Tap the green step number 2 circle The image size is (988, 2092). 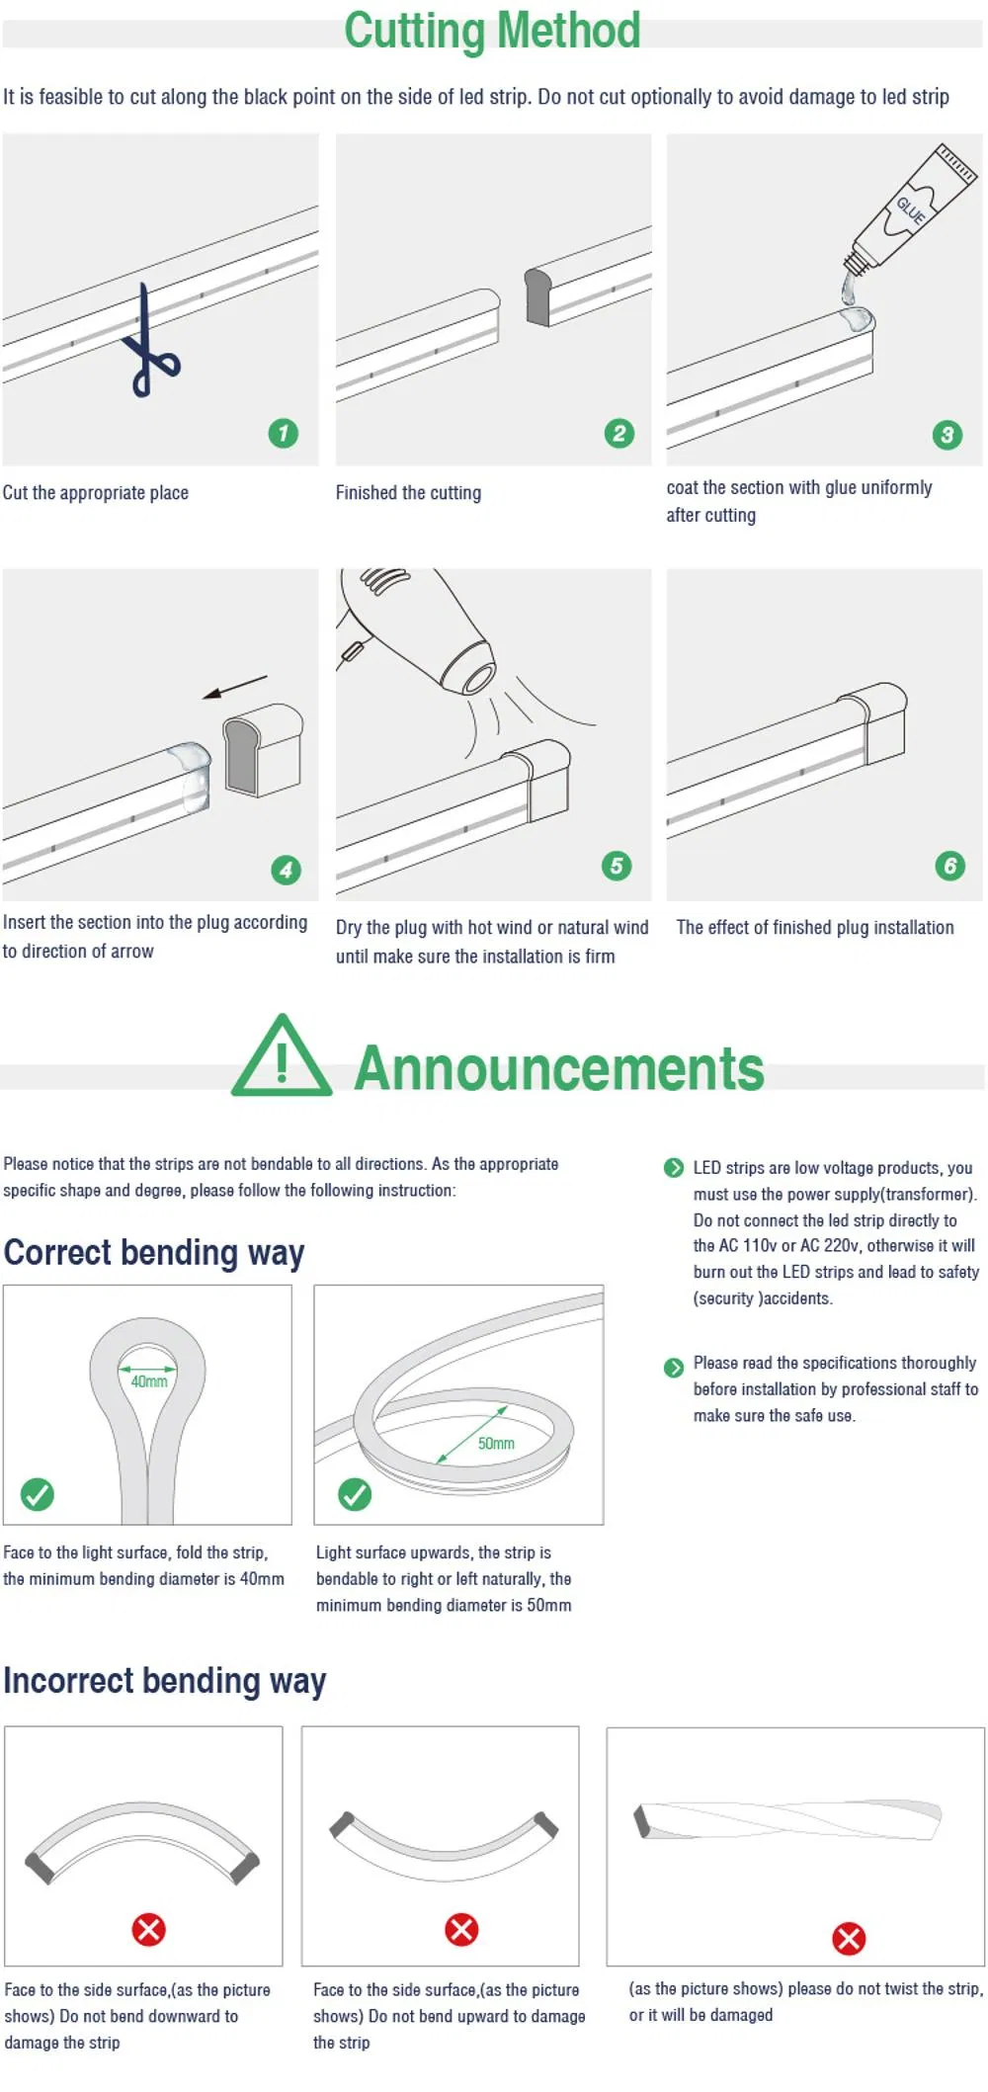coord(619,433)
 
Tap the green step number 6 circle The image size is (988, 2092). coord(949,866)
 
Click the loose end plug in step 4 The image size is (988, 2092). coord(261,747)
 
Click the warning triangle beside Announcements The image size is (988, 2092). coord(282,1058)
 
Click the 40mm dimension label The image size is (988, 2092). coord(149,1381)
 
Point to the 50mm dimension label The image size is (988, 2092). coord(496,1444)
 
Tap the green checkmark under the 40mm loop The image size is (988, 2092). coord(38,1494)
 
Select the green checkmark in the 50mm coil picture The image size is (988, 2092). coord(355,1494)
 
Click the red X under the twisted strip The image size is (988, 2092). coord(848,1938)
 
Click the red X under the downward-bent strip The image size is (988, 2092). coord(149,1929)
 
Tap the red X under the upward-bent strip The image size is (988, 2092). coord(461,1929)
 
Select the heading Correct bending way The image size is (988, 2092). coord(154,1252)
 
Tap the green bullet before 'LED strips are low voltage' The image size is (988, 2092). coord(674,1168)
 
